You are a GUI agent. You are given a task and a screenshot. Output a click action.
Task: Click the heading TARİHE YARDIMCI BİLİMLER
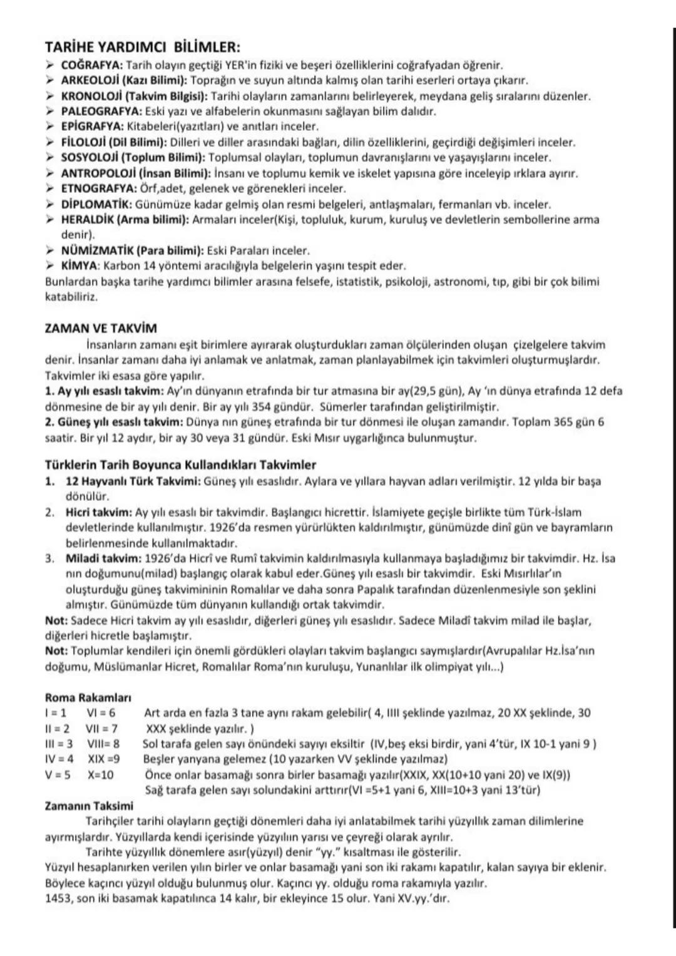143,48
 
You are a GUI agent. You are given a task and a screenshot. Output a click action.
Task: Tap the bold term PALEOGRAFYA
101,111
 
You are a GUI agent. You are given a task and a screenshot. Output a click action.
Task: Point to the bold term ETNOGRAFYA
98,188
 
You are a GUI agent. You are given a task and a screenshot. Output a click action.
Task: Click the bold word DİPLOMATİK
96,204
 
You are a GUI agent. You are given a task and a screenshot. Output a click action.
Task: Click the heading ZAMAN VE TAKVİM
101,328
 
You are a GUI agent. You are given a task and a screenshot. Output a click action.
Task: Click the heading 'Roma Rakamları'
88,697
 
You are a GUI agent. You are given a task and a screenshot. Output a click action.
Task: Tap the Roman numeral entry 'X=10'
101,774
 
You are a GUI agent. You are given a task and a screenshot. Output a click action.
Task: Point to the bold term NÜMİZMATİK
98,250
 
